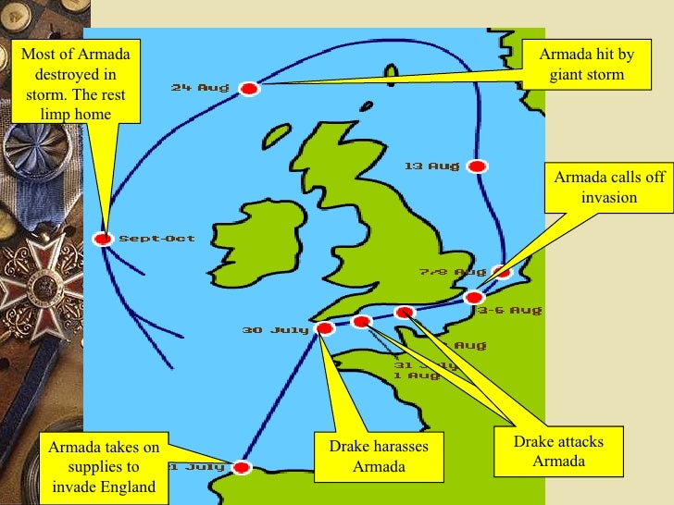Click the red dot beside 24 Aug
click(248, 89)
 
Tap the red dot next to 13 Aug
click(477, 166)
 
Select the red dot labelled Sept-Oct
click(103, 239)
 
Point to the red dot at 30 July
click(324, 328)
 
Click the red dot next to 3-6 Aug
click(474, 298)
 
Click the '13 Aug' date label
click(431, 166)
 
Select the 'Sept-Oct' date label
click(156, 239)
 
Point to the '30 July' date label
click(276, 329)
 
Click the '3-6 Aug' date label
click(510, 311)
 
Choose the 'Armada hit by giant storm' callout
click(586, 65)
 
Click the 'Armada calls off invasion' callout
click(609, 188)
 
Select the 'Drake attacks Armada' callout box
click(558, 451)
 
